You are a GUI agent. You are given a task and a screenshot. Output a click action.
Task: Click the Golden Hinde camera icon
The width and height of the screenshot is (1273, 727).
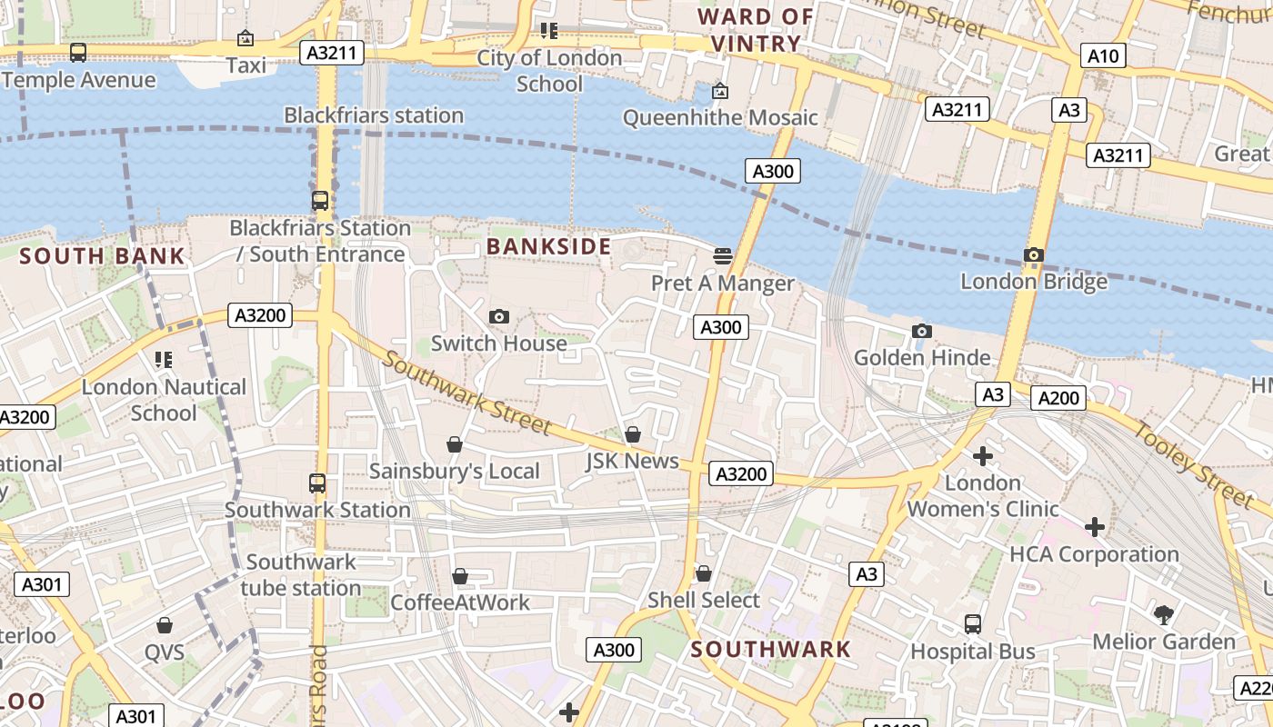[x=921, y=331]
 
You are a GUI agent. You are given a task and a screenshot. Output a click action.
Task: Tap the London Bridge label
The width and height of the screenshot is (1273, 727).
[x=1034, y=281]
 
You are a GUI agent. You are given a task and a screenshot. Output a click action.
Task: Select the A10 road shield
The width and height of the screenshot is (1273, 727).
[x=1103, y=56]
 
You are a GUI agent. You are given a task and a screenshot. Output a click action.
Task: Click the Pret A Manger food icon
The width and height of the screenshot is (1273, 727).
[x=723, y=256]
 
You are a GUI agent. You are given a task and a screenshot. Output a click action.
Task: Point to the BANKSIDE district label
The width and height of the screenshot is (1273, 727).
[x=548, y=246]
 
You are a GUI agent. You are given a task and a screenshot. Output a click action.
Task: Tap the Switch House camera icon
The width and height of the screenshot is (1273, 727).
[x=498, y=316]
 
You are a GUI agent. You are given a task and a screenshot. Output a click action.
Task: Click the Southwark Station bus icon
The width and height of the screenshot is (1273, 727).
[x=316, y=483]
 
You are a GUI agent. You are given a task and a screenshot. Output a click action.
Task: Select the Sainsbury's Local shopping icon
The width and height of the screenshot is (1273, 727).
[x=455, y=444]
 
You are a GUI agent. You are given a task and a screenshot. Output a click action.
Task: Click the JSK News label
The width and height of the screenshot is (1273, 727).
[x=632, y=461]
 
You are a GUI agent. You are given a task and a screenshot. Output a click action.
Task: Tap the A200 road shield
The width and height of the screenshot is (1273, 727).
[x=1058, y=397]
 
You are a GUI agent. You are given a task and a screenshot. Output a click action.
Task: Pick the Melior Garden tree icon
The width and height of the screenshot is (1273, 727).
[x=1163, y=615]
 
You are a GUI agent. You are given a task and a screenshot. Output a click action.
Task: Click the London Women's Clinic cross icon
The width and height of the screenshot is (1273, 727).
[x=982, y=456]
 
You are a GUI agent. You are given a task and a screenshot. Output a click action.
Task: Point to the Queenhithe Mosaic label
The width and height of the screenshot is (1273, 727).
[x=720, y=117]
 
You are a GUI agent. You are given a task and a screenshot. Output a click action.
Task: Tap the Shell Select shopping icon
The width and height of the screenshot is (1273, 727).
[x=703, y=574]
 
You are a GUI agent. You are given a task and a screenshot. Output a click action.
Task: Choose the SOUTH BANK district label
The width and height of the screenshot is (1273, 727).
[x=103, y=256]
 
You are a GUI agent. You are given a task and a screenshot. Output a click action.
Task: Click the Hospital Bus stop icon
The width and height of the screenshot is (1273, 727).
[x=973, y=624]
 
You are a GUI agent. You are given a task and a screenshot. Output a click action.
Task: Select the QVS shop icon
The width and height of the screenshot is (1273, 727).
[x=165, y=625]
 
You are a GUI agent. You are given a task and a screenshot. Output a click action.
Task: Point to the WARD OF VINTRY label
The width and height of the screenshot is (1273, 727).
[x=756, y=30]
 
